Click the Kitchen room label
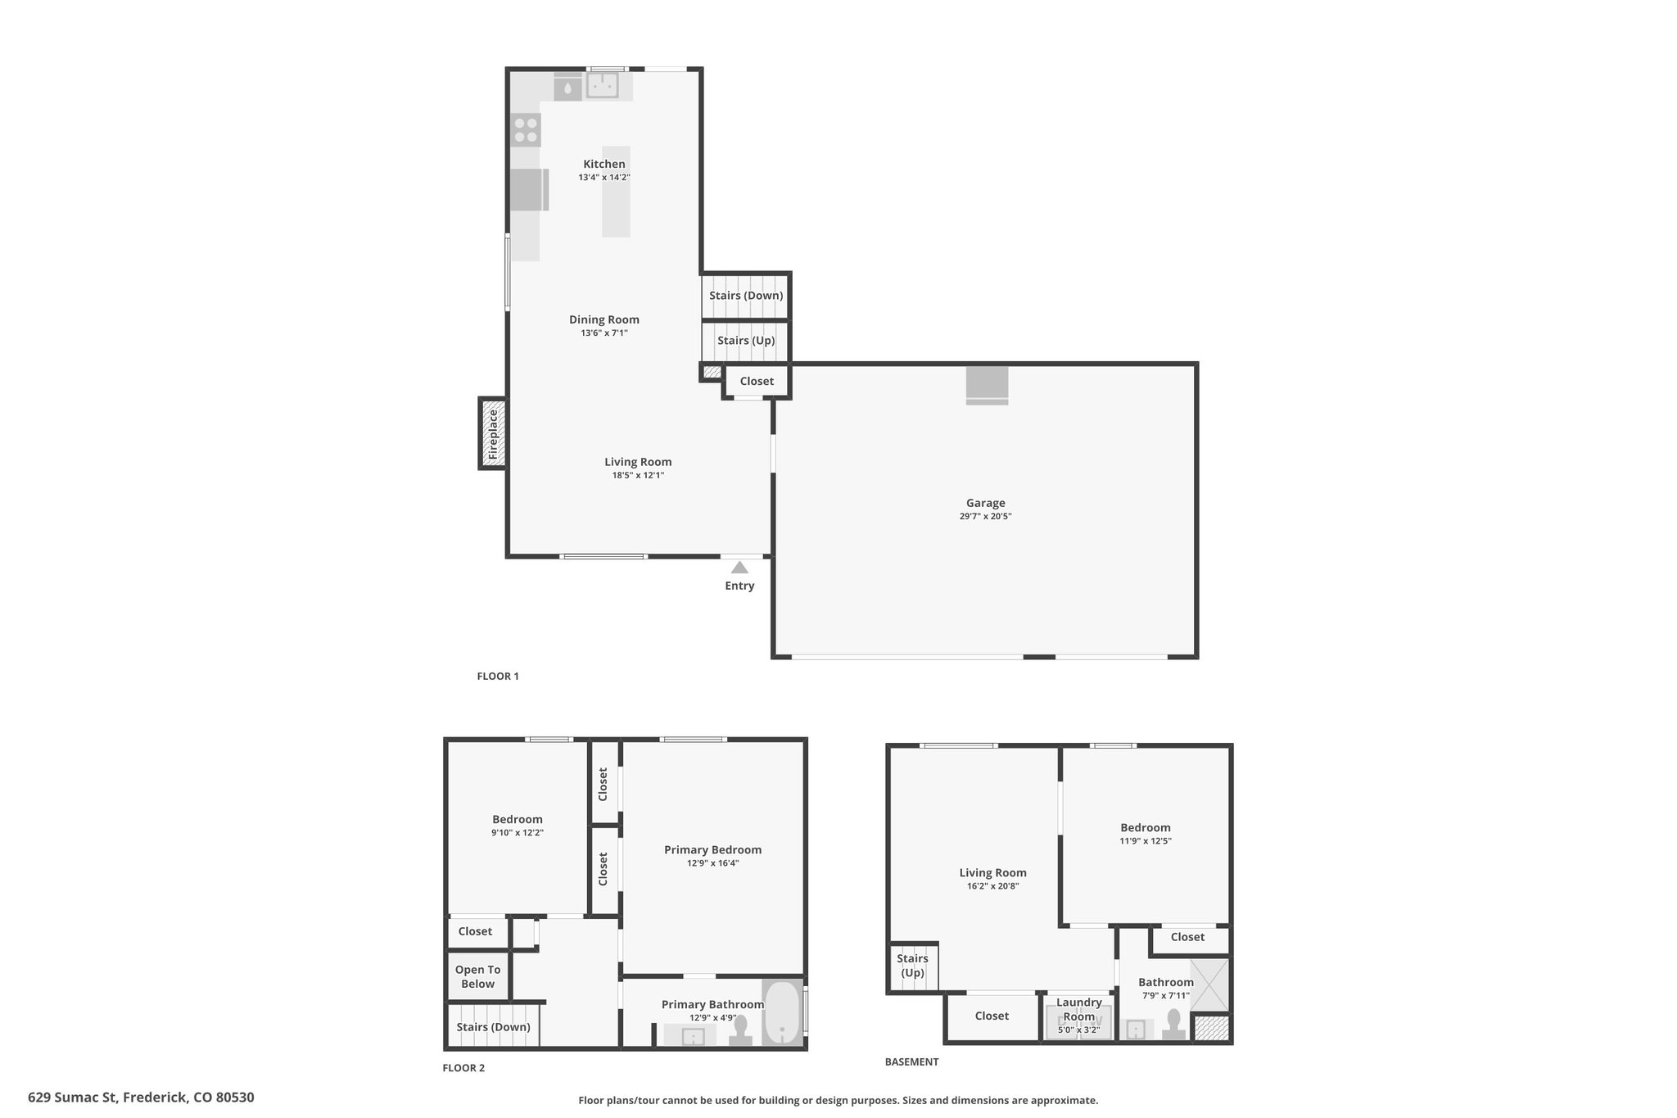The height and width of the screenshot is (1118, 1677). coord(604,164)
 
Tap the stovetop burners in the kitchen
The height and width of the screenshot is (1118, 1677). coord(526,130)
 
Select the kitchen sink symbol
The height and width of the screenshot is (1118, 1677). coord(603,85)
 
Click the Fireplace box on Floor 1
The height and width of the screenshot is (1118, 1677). coord(492,433)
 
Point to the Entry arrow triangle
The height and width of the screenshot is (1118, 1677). coord(739,567)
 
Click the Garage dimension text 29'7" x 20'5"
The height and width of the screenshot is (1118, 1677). coord(985,517)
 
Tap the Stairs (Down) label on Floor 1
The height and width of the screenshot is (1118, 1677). coord(746,296)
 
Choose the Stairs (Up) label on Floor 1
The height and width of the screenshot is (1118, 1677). coord(746,341)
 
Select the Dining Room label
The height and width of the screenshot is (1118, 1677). coord(604,319)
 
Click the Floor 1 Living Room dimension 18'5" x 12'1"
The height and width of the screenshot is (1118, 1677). coord(638,475)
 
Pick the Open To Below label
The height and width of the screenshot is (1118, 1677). coord(477,976)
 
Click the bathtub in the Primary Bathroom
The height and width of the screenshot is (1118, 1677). coord(783,1013)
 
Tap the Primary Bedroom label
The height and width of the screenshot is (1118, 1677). coord(712,850)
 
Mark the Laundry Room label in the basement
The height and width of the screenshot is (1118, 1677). coord(1078,1009)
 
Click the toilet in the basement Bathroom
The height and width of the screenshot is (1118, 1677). coord(1173,1025)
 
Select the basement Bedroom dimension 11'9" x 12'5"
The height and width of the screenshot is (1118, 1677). coord(1146,841)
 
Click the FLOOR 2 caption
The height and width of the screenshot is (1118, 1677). coord(463,1068)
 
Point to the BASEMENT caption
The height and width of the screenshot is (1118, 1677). coord(911,1062)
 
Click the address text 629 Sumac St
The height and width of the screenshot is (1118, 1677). coord(74,1098)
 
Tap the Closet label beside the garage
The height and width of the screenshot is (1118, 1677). coord(757,381)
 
